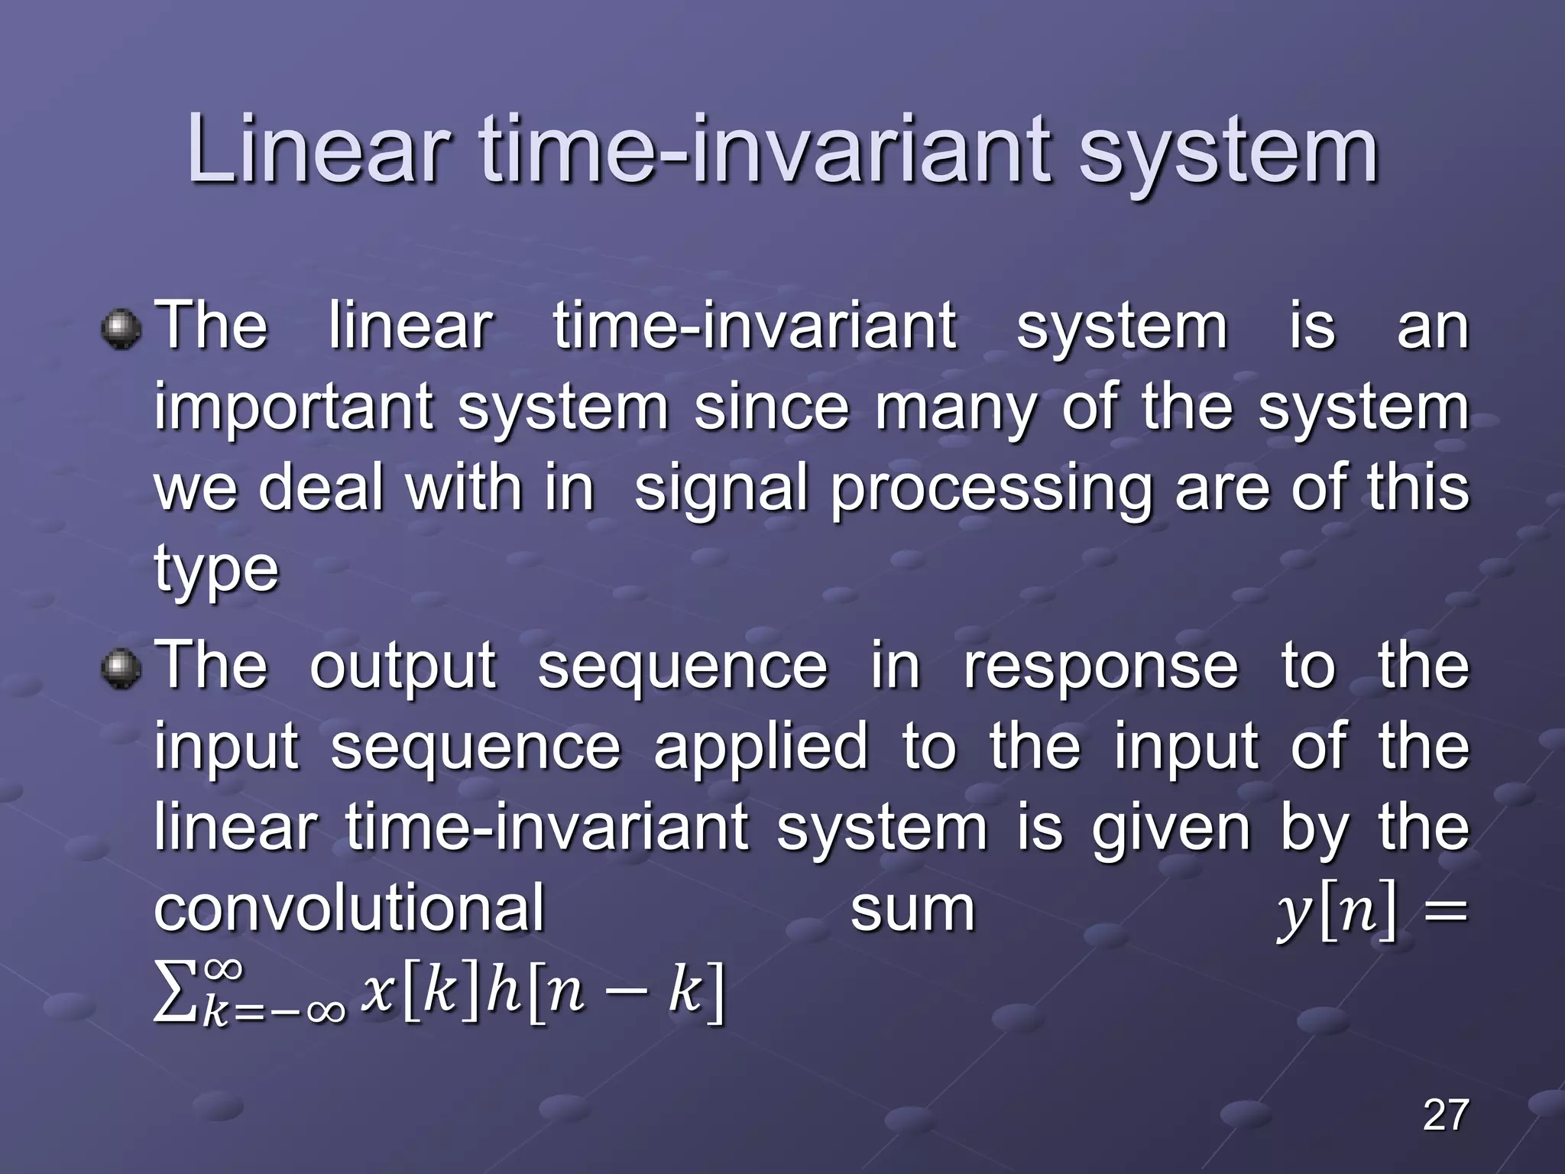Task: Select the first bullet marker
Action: [122, 329]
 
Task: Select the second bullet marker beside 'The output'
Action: [122, 668]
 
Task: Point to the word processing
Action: [991, 491]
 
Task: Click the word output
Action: [403, 668]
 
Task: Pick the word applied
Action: [761, 748]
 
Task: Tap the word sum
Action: [912, 910]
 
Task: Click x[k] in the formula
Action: [420, 993]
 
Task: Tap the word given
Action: [1171, 830]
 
